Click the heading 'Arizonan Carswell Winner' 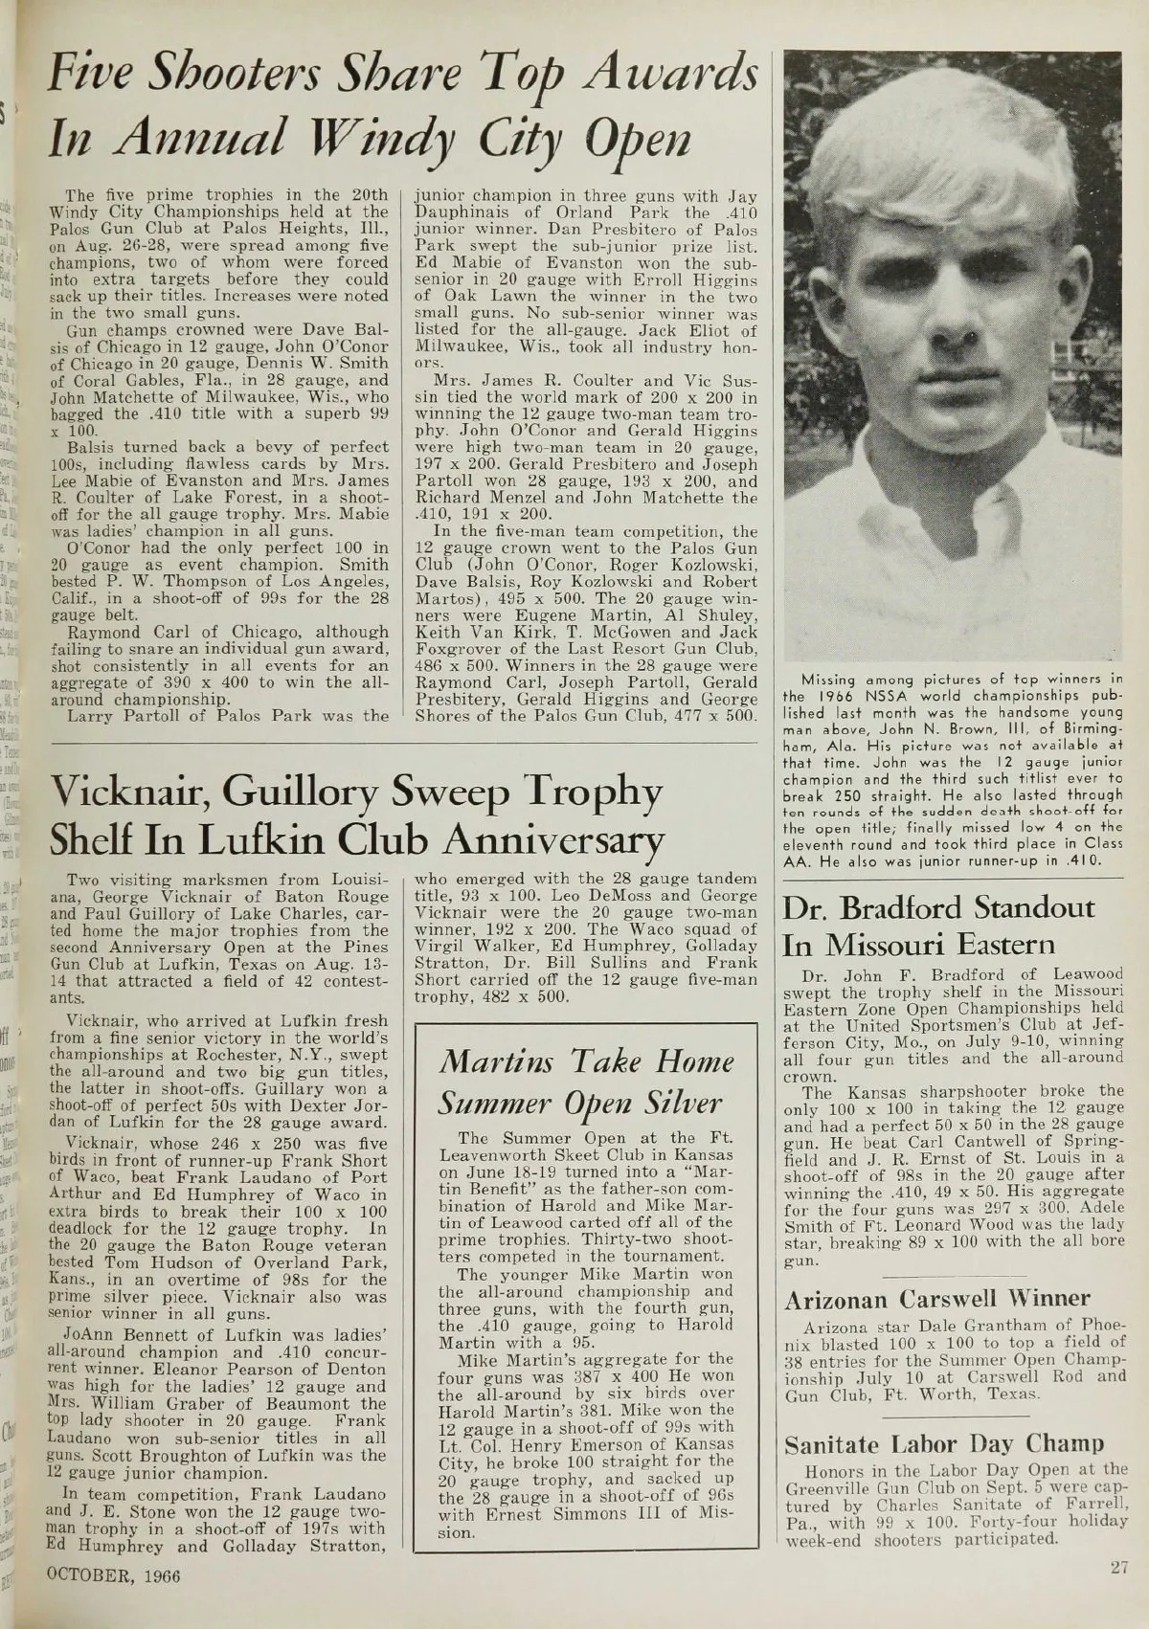(x=936, y=1299)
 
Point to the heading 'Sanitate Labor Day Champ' (x=944, y=1443)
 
